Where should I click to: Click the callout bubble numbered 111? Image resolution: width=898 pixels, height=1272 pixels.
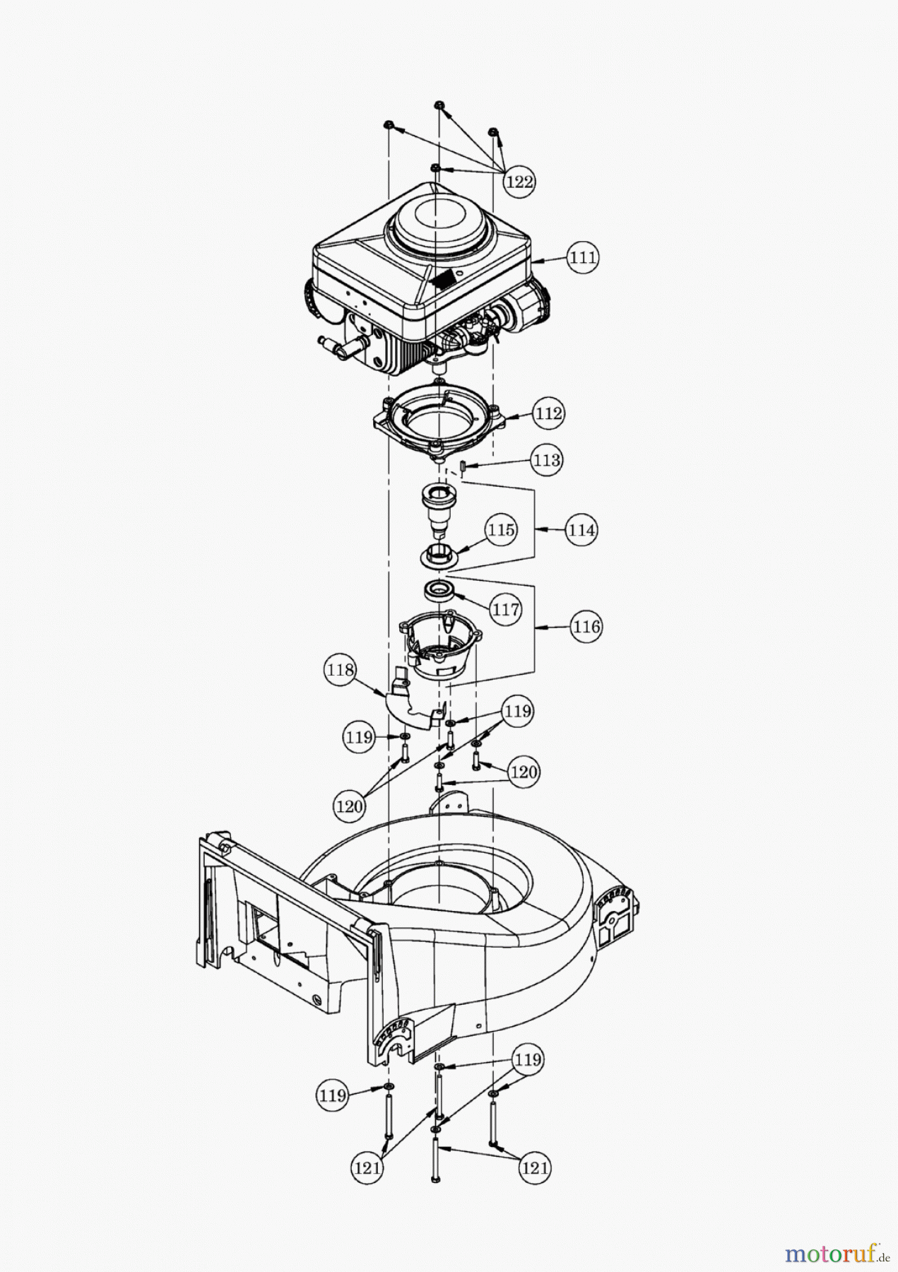tap(583, 258)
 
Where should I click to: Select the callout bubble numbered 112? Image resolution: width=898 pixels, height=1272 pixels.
tap(548, 413)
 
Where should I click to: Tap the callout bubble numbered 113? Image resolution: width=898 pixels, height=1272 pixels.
tap(548, 460)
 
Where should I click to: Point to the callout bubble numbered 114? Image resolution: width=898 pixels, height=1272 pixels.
tap(581, 529)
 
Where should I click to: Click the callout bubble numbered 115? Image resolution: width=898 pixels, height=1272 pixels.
tap(501, 529)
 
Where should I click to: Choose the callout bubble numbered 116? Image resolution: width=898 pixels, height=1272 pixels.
tap(586, 626)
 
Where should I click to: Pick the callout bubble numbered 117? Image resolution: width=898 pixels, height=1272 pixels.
tap(506, 608)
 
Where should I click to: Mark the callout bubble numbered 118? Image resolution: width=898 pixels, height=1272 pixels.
tap(341, 670)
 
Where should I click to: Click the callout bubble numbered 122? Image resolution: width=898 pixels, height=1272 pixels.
tap(519, 182)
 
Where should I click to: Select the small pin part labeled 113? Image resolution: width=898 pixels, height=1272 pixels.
tap(460, 466)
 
